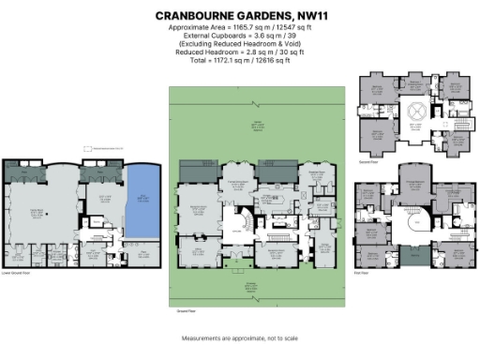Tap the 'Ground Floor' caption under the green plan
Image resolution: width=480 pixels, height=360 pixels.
(x=186, y=308)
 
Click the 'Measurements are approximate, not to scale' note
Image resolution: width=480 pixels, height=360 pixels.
(x=240, y=337)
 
